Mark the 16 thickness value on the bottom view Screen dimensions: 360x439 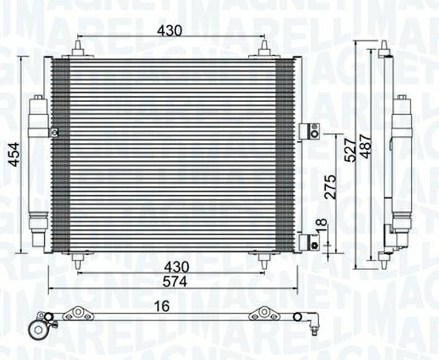162,306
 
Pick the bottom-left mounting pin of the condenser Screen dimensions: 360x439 78,261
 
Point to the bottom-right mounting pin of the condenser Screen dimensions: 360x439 264,261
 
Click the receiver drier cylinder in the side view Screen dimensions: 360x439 402,163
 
